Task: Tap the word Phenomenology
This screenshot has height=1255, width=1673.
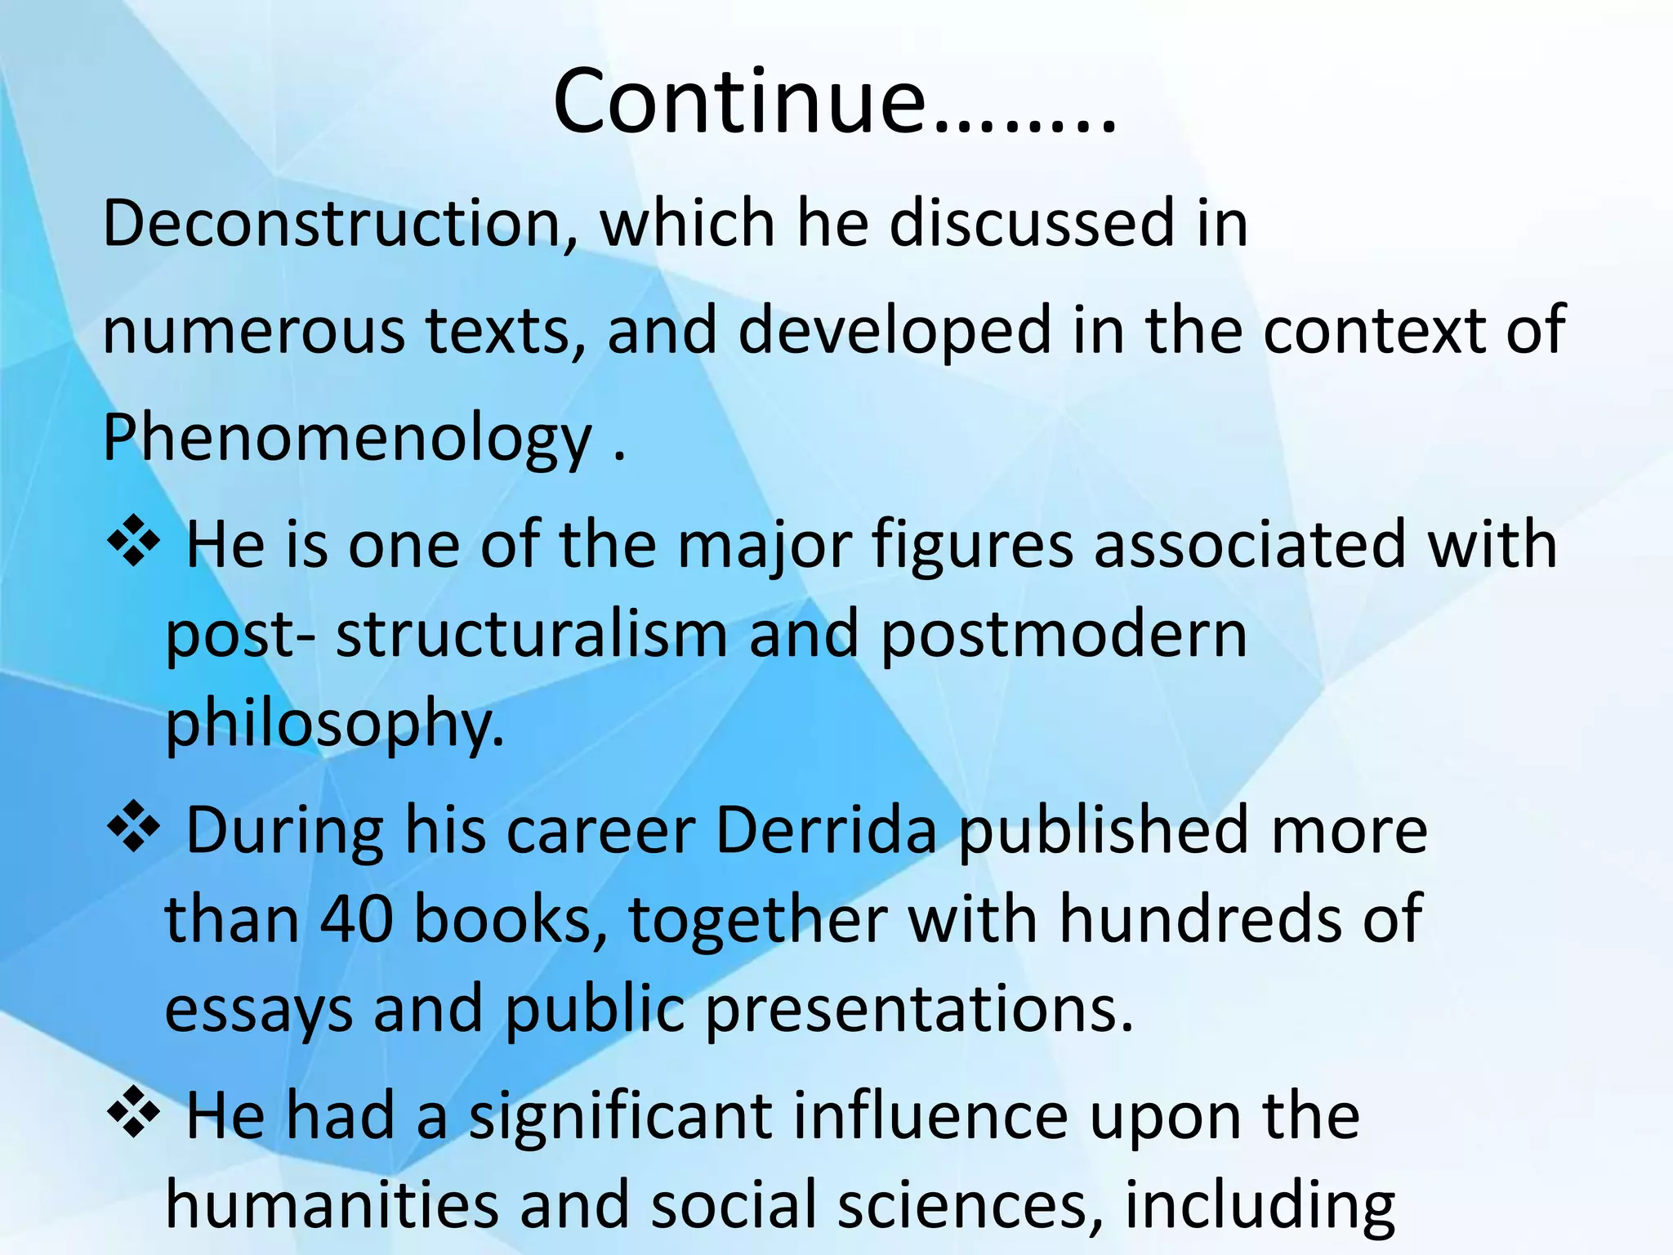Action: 347,439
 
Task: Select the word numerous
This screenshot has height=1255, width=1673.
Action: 253,331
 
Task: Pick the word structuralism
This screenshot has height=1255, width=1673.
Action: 531,635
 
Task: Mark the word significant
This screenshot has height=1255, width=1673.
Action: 620,1116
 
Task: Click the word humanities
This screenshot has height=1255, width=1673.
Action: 331,1205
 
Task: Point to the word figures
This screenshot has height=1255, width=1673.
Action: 972,546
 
